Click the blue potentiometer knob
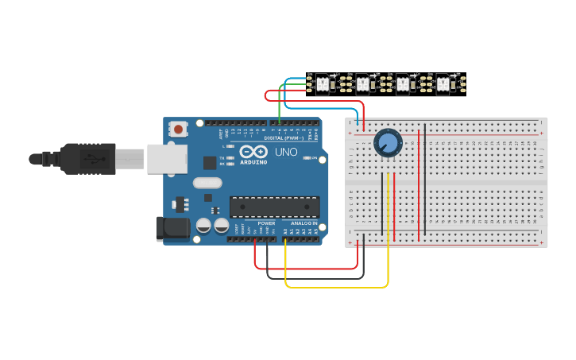pyautogui.click(x=388, y=142)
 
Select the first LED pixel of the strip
pyautogui.click(x=323, y=82)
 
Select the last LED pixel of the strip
pyautogui.click(x=443, y=82)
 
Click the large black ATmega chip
pyautogui.click(x=275, y=207)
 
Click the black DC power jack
pyautogui.click(x=174, y=229)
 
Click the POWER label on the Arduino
pyautogui.click(x=266, y=223)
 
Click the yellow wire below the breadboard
pyautogui.click(x=334, y=286)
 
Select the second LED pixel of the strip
pyautogui.click(x=363, y=82)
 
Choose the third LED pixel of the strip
pyautogui.click(x=403, y=82)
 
